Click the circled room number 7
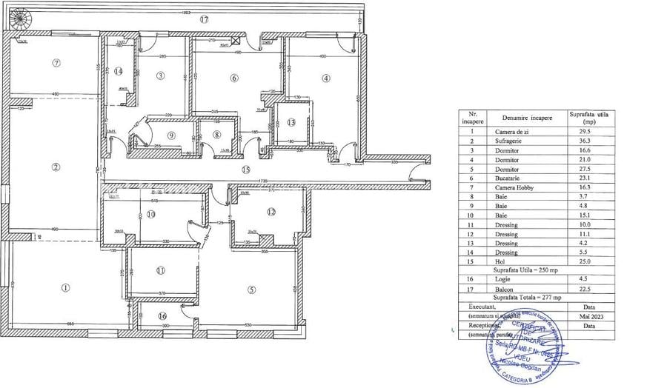56,63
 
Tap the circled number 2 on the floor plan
56,167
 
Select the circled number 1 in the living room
65,287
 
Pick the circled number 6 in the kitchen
234,78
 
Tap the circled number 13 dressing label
291,122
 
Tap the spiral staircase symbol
18,16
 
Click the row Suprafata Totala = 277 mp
529,295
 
